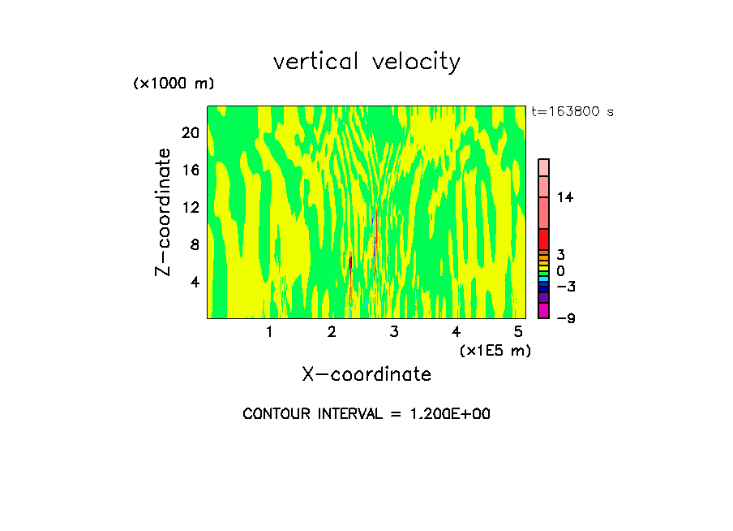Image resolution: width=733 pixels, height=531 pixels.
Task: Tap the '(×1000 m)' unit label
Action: pyautogui.click(x=174, y=84)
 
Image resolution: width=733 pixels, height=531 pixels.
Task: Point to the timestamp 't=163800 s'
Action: pyautogui.click(x=572, y=111)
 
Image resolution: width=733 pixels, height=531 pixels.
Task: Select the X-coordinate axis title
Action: pyautogui.click(x=366, y=374)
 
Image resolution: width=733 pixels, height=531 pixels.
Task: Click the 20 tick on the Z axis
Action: pyautogui.click(x=191, y=132)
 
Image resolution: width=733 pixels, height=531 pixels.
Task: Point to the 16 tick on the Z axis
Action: pyautogui.click(x=191, y=170)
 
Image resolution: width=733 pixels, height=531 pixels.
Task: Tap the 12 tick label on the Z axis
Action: pyautogui.click(x=191, y=207)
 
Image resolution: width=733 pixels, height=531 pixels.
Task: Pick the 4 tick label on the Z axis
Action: pyautogui.click(x=195, y=282)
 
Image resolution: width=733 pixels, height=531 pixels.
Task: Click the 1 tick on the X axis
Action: pyautogui.click(x=269, y=332)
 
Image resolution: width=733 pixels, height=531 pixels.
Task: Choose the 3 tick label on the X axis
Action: pyautogui.click(x=394, y=332)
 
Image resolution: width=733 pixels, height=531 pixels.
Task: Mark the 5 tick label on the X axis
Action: pyautogui.click(x=518, y=332)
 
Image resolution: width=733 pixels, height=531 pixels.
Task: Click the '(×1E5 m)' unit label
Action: pyautogui.click(x=495, y=350)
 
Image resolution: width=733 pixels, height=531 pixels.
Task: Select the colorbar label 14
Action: pyautogui.click(x=565, y=197)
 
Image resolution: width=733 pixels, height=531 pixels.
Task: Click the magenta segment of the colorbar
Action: pyautogui.click(x=544, y=311)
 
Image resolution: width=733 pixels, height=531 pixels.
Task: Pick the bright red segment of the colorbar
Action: pyautogui.click(x=544, y=240)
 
